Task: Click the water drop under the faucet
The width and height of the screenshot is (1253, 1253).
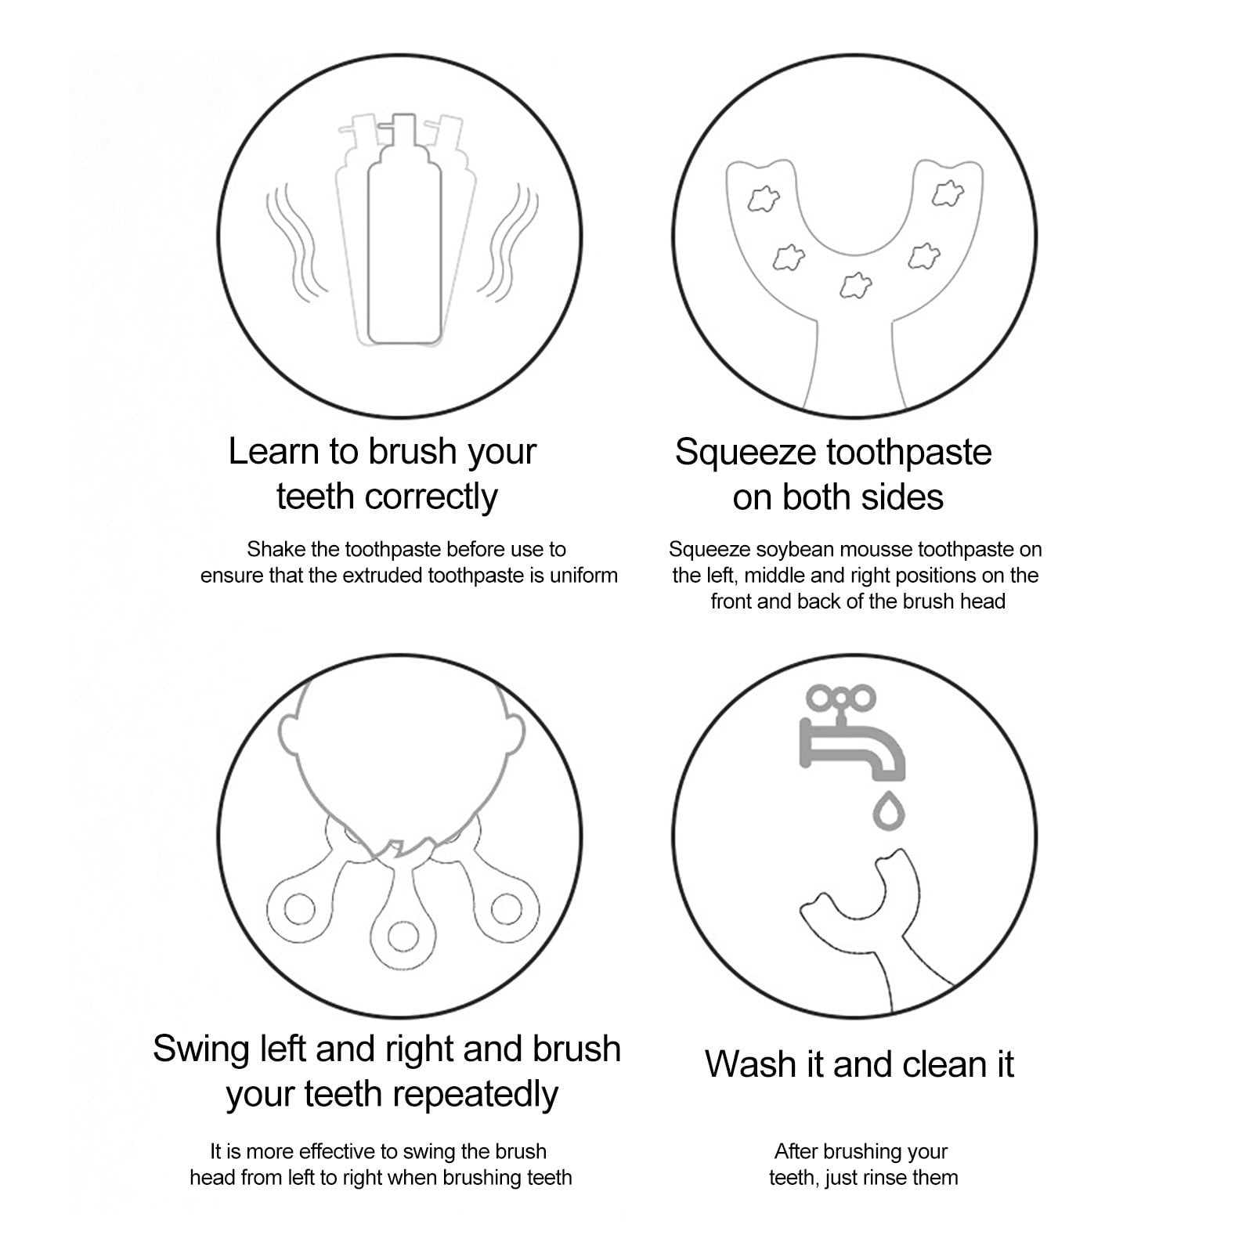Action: (x=889, y=811)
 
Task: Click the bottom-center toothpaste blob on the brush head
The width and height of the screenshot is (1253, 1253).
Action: (x=854, y=285)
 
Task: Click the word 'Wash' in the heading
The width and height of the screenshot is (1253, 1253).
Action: (x=743, y=1064)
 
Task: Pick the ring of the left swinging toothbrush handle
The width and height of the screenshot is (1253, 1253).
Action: (x=299, y=909)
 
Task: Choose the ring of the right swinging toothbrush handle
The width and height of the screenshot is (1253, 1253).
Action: (x=505, y=910)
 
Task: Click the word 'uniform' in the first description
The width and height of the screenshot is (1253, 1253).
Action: (x=583, y=576)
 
